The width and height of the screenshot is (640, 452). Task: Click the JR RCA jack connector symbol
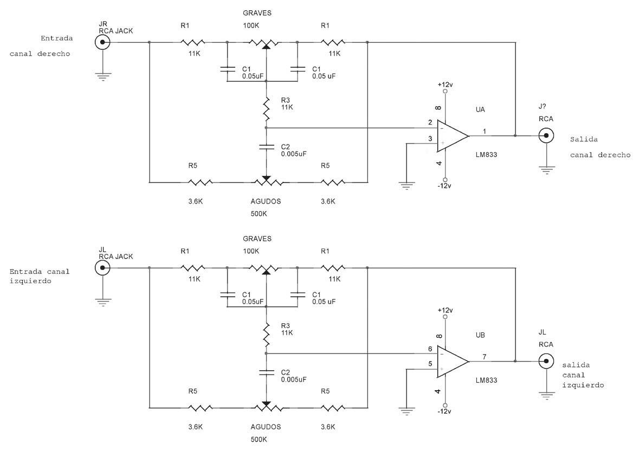102,42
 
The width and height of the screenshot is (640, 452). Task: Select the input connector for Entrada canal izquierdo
102,268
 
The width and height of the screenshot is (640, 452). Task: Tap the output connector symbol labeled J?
546,136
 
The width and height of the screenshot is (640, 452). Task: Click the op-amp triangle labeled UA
452,136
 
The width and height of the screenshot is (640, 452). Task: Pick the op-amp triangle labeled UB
452,362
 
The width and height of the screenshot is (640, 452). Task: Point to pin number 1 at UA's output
484,131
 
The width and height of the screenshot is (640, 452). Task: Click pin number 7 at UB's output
484,357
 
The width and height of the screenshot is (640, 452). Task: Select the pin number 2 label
430,123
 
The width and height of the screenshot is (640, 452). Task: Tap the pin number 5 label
430,364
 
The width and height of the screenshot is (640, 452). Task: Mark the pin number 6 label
430,349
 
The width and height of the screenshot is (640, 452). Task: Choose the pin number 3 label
430,139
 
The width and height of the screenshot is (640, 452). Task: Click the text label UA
481,110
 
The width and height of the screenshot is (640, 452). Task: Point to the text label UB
481,336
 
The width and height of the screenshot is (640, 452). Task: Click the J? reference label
542,107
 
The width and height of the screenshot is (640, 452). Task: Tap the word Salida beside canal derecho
584,140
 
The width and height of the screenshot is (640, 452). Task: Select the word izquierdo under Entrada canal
30,281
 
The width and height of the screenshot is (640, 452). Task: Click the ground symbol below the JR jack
103,77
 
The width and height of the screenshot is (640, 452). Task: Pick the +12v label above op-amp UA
445,85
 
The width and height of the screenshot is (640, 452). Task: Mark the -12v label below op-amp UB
444,411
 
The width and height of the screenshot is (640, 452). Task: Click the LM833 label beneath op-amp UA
486,155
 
